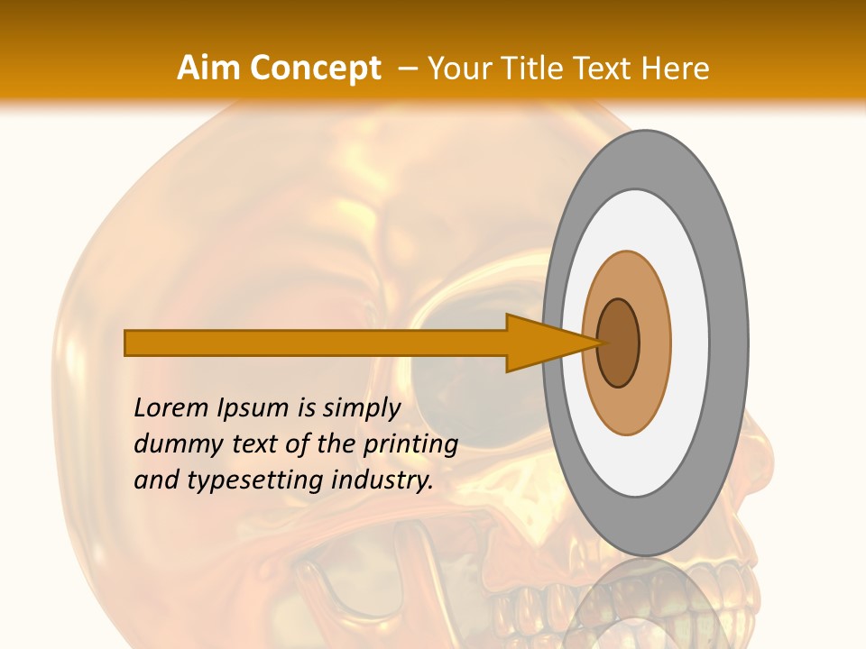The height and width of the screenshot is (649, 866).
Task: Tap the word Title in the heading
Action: coord(536,69)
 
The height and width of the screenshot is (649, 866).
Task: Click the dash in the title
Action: coord(407,69)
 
